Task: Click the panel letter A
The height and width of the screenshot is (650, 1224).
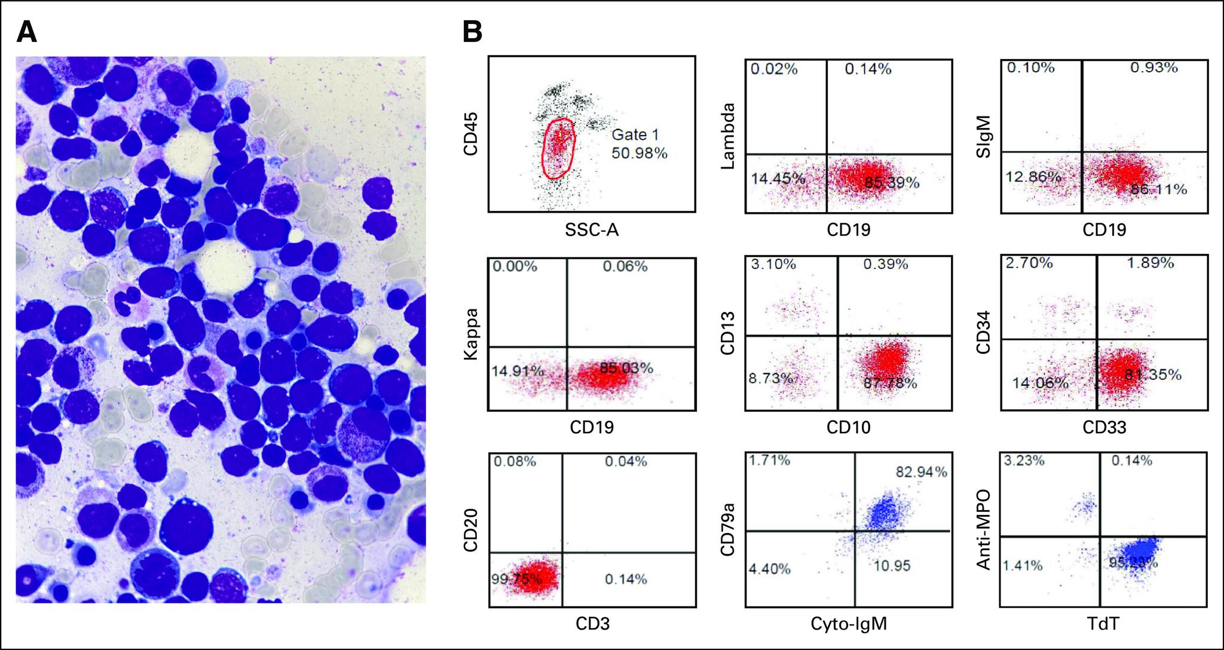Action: [x=27, y=32]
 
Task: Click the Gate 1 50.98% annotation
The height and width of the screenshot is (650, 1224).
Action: [x=639, y=145]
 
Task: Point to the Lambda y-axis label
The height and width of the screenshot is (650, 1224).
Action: [x=727, y=136]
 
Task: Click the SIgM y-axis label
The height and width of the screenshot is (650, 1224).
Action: [x=983, y=137]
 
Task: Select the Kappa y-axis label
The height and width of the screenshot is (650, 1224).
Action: [x=472, y=334]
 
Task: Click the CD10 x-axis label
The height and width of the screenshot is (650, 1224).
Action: [x=848, y=427]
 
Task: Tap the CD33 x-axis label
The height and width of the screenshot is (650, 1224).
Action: [x=1104, y=427]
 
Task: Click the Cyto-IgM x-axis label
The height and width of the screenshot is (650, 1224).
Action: [x=848, y=624]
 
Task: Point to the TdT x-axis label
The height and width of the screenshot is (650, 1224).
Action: [x=1104, y=624]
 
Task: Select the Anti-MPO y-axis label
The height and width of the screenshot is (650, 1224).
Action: [x=983, y=530]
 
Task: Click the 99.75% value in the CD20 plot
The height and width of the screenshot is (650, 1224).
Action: [x=516, y=578]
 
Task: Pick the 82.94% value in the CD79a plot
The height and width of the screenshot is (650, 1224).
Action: [x=921, y=472]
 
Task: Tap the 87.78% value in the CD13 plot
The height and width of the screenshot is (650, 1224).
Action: [x=890, y=383]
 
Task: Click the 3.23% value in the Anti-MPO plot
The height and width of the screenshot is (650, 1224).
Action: [x=1024, y=461]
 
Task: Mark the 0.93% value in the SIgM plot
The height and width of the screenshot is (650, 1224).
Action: [x=1153, y=68]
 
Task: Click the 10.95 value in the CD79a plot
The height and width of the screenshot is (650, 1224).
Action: [x=892, y=565]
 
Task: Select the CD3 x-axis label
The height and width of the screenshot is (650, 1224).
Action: [x=592, y=624]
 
